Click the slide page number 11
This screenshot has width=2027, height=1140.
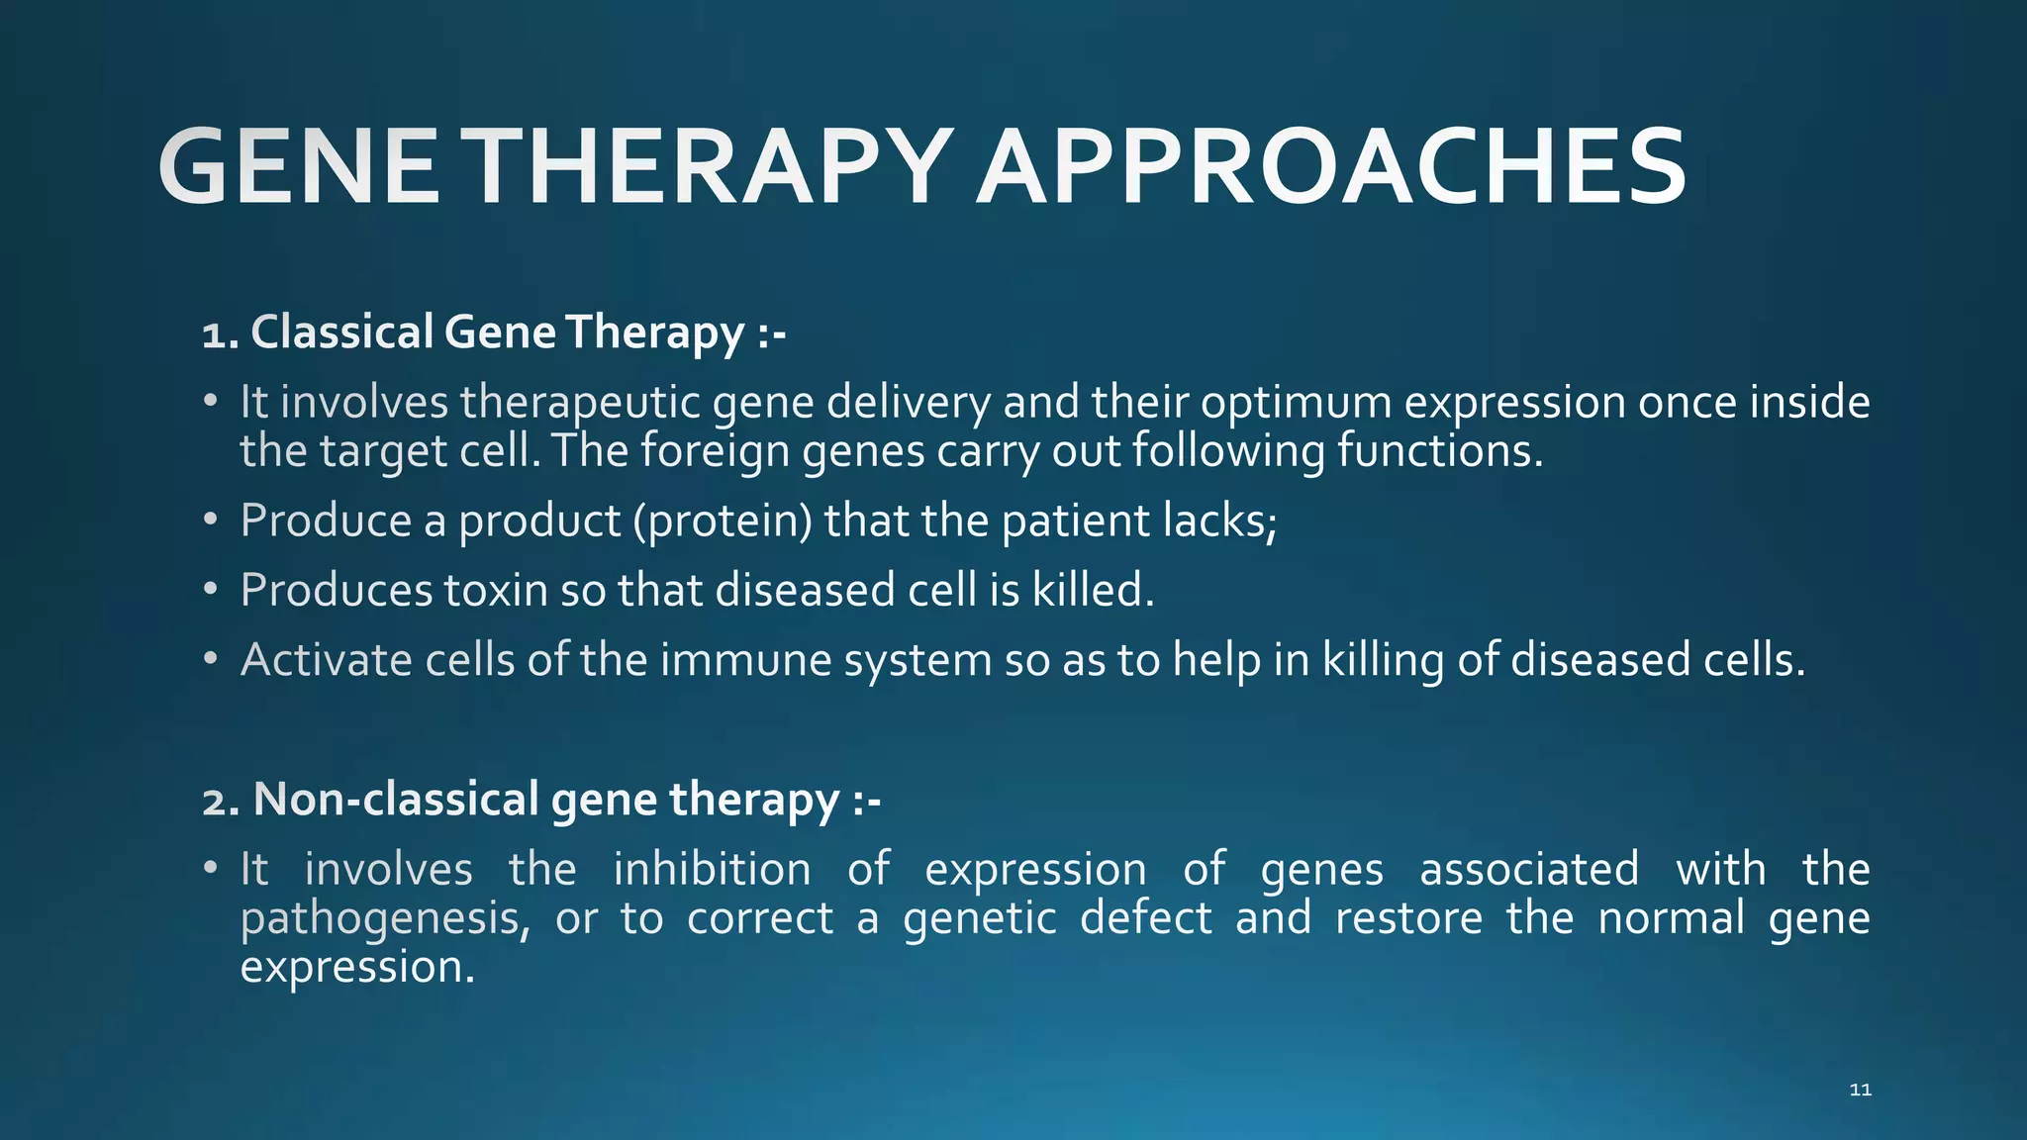coord(1860,1090)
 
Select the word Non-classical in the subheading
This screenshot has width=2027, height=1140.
coord(396,800)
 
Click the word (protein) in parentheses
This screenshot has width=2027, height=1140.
coord(723,522)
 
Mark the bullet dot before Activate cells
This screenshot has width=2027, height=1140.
coord(210,658)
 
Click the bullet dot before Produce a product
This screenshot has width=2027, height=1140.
coord(210,520)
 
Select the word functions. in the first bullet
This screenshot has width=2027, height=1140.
coord(1440,451)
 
